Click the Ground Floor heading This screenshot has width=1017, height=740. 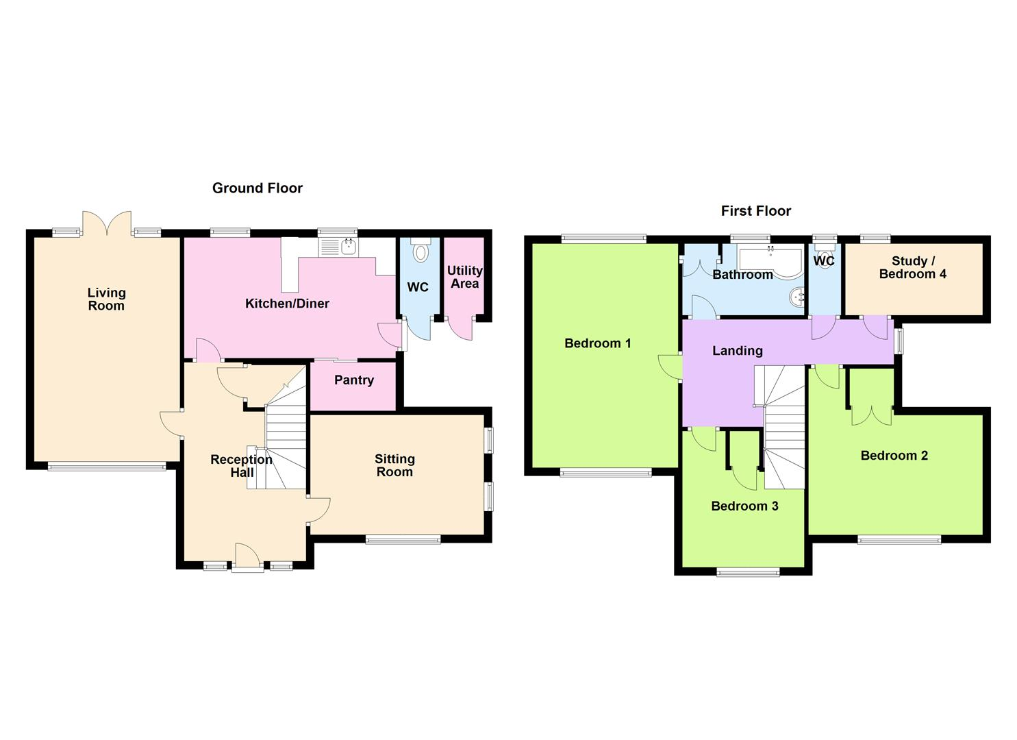point(257,188)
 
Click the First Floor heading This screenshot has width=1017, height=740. point(755,211)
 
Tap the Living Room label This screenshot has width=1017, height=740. point(106,299)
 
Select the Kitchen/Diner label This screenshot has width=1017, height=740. point(287,304)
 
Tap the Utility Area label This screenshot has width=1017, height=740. point(464,277)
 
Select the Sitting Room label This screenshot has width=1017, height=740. point(394,465)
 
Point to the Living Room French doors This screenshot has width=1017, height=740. point(106,223)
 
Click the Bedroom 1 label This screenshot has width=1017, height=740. point(597,343)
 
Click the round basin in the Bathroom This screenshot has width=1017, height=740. point(797,297)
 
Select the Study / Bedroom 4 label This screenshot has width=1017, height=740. point(913,267)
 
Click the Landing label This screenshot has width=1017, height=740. point(737,351)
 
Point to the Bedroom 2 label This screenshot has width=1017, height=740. point(894,456)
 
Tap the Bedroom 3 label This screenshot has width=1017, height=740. point(744,506)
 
